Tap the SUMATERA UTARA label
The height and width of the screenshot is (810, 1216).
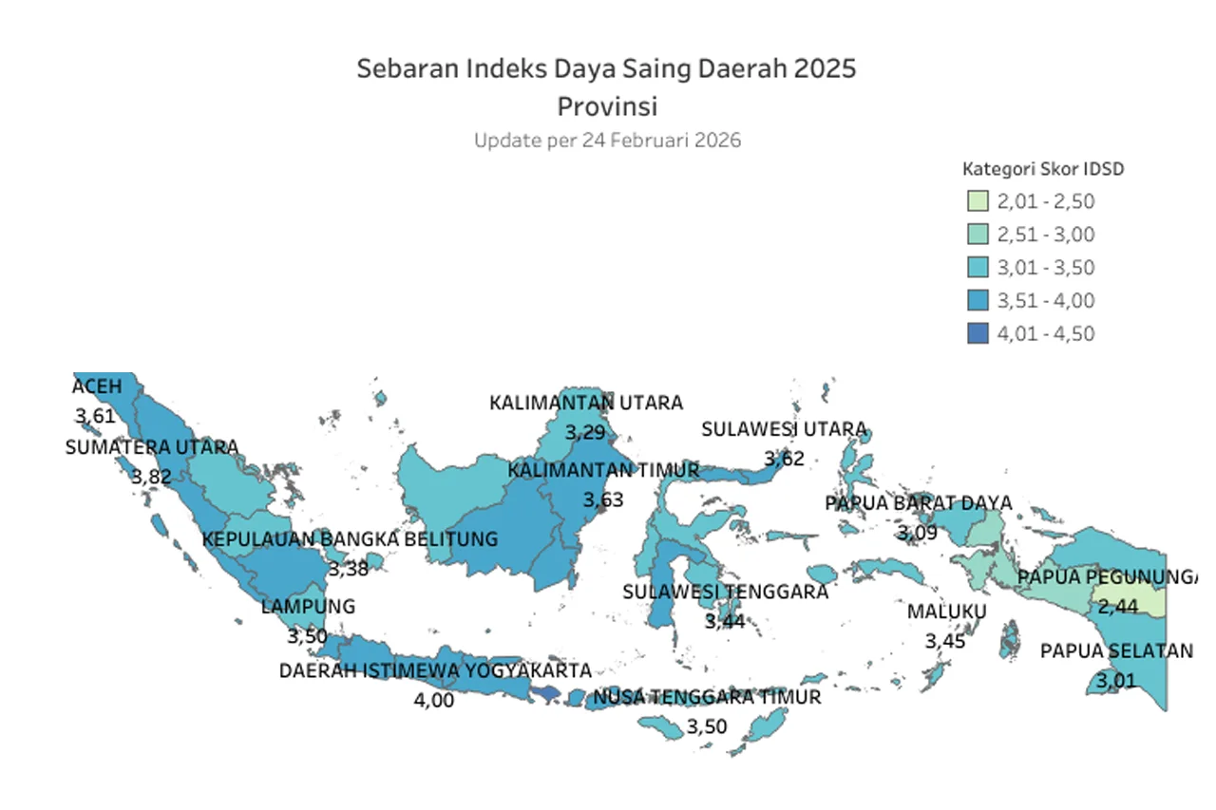[x=152, y=447]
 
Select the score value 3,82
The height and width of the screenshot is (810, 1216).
[x=152, y=477]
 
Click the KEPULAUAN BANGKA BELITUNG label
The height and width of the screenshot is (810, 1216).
[x=350, y=539]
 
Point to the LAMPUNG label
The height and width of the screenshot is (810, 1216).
[x=308, y=606]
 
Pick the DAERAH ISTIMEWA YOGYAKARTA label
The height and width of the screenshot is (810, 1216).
[x=435, y=670]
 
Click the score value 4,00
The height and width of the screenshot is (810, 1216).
[x=435, y=701]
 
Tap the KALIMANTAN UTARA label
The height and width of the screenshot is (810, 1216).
[x=586, y=403]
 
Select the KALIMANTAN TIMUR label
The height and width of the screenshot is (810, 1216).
[x=603, y=470]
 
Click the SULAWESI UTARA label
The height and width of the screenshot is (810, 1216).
[x=785, y=429]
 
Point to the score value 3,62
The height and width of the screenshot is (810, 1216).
[x=785, y=459]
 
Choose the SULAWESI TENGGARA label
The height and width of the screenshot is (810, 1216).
[x=726, y=592]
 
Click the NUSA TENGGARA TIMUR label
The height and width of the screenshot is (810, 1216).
[x=707, y=697]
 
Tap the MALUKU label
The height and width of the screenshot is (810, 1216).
[x=946, y=612]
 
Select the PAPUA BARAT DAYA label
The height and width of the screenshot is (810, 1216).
[x=918, y=502]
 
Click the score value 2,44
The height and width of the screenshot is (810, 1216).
[x=1118, y=606]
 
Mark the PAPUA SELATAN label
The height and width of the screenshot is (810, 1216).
[x=1116, y=651]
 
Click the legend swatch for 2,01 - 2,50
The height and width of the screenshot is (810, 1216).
[x=978, y=201]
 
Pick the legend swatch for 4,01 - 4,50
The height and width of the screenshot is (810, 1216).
[x=978, y=333]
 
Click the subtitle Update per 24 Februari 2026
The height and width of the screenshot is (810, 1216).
[x=607, y=141]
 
